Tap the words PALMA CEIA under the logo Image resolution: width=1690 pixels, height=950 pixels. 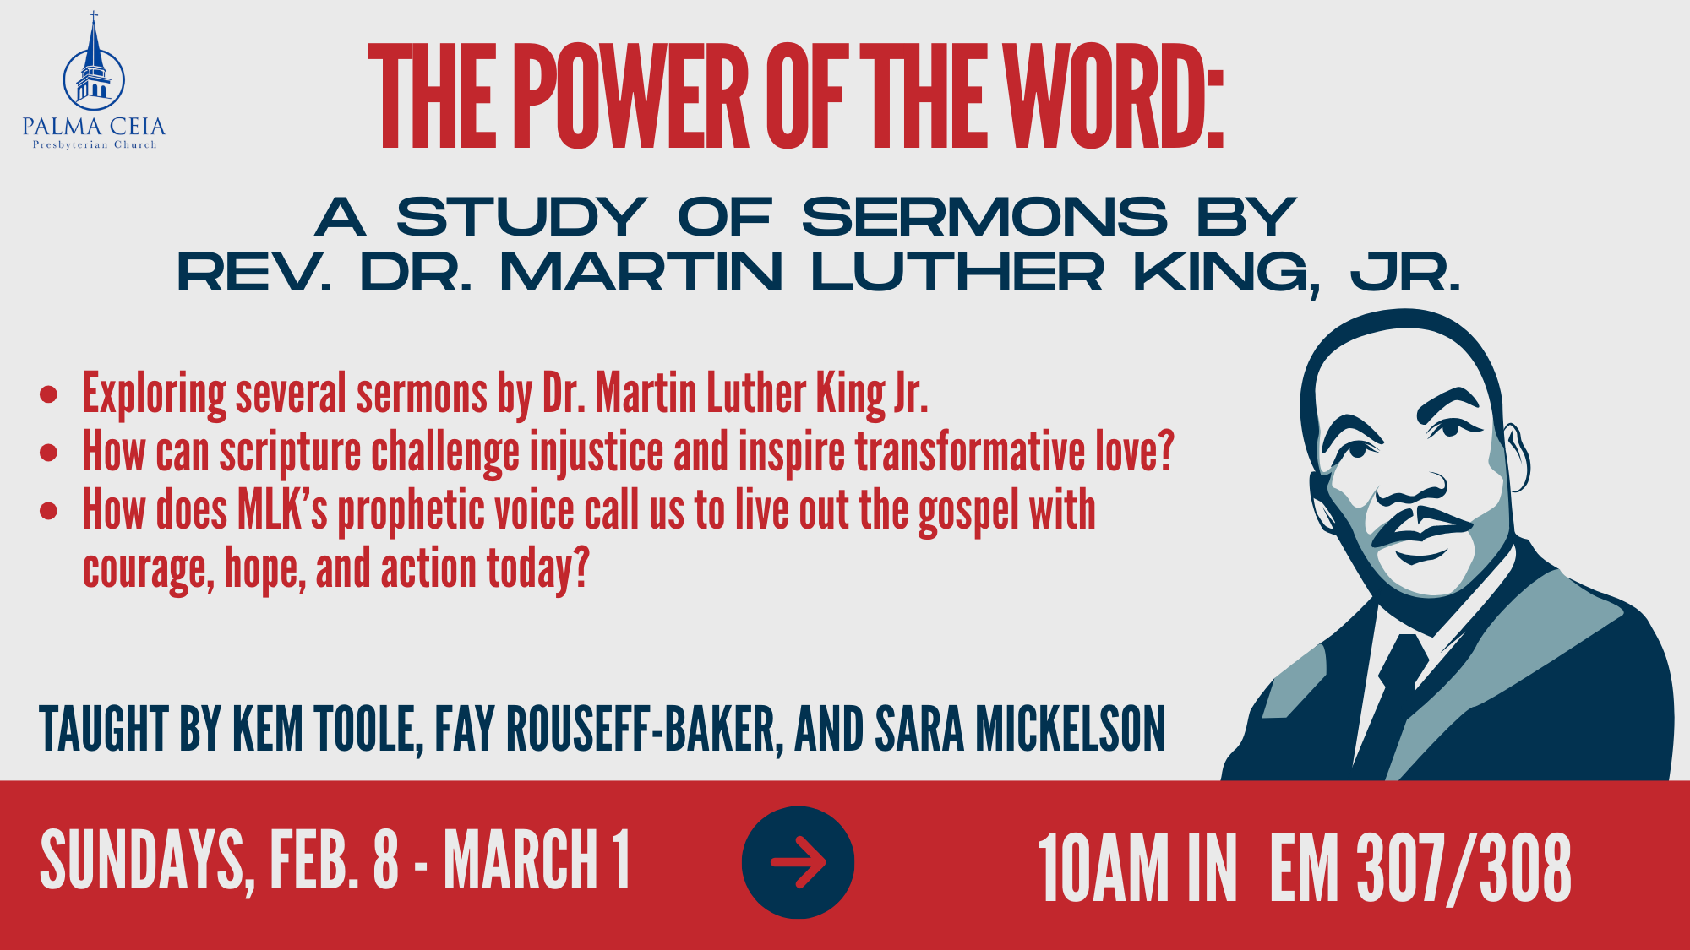click(x=94, y=128)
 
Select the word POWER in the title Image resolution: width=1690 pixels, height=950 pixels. click(x=630, y=97)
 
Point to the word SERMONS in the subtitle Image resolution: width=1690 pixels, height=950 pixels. click(x=984, y=217)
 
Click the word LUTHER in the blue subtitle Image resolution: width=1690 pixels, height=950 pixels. click(x=957, y=273)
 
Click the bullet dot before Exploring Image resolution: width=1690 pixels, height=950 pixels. click(x=49, y=394)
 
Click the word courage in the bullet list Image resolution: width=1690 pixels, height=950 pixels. click(x=144, y=569)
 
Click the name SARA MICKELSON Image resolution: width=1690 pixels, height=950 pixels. click(x=1020, y=729)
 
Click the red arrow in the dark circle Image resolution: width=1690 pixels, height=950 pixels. click(x=798, y=862)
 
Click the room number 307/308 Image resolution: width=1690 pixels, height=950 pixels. click(x=1464, y=867)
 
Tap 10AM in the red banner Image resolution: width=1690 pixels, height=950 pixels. click(x=1103, y=867)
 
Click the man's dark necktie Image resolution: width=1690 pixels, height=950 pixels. click(x=1395, y=684)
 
